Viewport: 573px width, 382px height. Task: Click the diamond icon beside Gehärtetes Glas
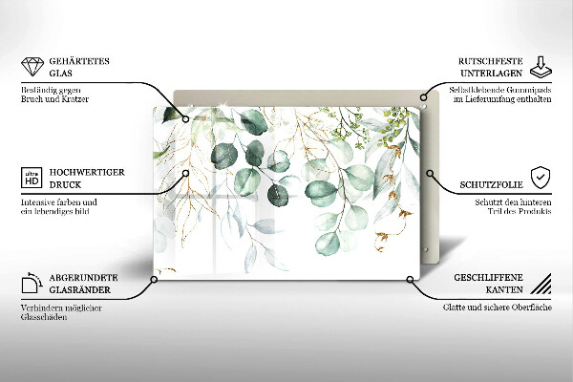click(x=31, y=68)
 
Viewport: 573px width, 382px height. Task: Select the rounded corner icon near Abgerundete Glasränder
click(x=31, y=284)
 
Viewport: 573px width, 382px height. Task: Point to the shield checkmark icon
click(x=541, y=178)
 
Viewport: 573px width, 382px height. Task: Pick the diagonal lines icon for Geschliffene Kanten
click(x=541, y=284)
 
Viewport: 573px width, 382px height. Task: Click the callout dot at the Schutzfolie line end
click(x=432, y=175)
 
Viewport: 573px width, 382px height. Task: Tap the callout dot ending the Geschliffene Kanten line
click(x=411, y=280)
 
